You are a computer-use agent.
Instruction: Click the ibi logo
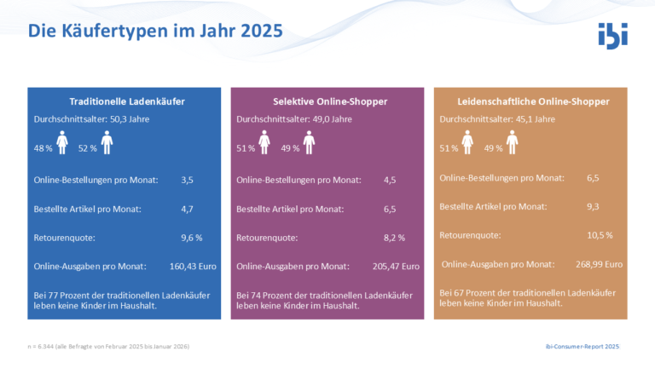(x=613, y=36)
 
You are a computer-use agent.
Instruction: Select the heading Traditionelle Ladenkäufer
(x=127, y=101)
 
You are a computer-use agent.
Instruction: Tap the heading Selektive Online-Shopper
(x=330, y=101)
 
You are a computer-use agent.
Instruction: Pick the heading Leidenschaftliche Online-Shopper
(x=533, y=101)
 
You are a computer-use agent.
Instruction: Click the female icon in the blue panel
(x=62, y=142)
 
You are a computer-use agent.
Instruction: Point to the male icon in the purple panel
(x=309, y=142)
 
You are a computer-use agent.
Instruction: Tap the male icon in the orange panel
(x=512, y=142)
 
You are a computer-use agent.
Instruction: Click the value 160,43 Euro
(x=193, y=266)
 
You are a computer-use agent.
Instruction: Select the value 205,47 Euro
(x=396, y=266)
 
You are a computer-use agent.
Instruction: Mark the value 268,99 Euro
(x=599, y=264)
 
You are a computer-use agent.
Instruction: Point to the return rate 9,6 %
(x=192, y=238)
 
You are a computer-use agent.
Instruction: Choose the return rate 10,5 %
(x=600, y=235)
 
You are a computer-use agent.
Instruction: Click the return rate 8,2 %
(x=394, y=238)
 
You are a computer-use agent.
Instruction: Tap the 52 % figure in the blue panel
(x=87, y=148)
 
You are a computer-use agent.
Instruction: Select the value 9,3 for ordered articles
(x=593, y=206)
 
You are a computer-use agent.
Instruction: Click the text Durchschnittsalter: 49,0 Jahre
(x=294, y=119)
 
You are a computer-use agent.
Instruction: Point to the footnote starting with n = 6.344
(x=108, y=347)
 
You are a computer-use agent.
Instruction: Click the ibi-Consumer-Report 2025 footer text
(x=583, y=347)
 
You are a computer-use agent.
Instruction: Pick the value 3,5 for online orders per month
(x=187, y=181)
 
